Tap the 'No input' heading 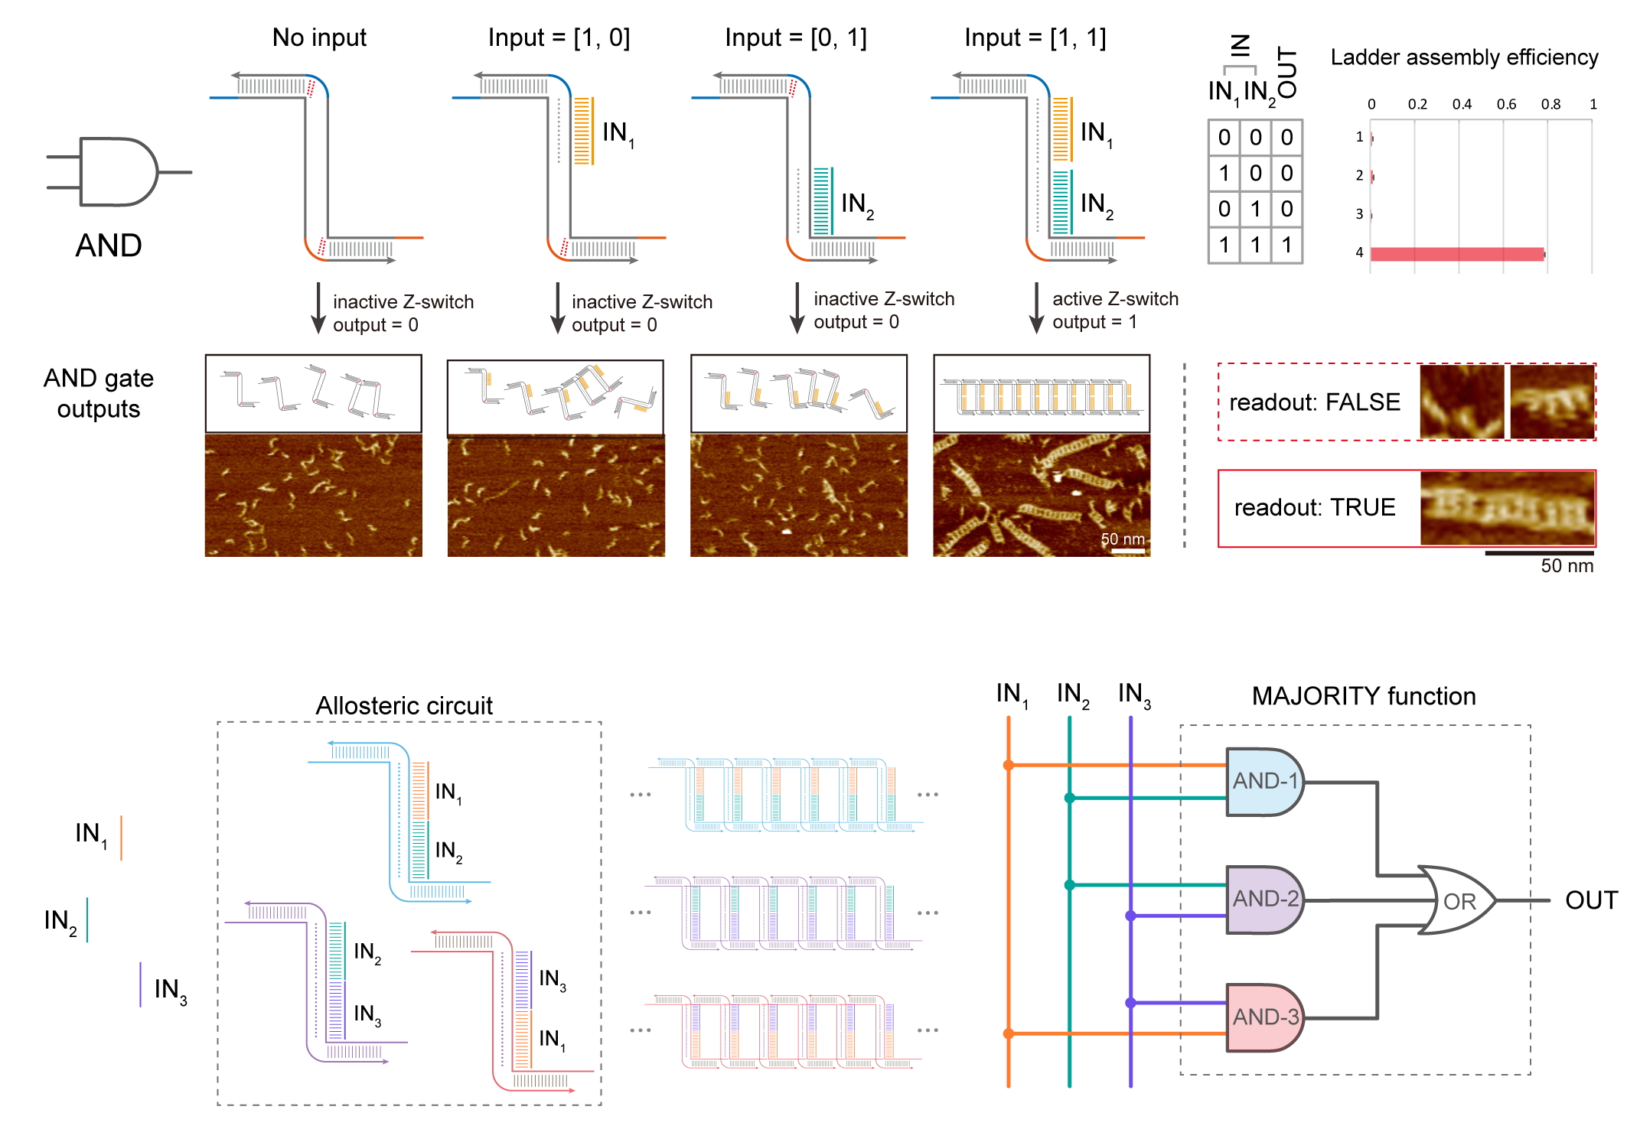coord(319,37)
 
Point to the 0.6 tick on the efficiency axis coord(1506,104)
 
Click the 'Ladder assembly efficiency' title coord(1464,57)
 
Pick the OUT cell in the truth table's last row coord(1286,245)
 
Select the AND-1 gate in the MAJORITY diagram coord(1265,781)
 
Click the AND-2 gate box coord(1265,899)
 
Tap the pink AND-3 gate coord(1265,1017)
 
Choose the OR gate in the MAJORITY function coord(1456,900)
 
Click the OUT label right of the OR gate coord(1591,900)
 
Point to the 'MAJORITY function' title coord(1364,696)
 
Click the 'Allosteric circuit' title coord(404,705)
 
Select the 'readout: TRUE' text coord(1315,507)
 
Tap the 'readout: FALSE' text coord(1315,402)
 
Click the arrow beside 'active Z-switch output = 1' coord(1036,308)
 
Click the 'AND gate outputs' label coord(99,393)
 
